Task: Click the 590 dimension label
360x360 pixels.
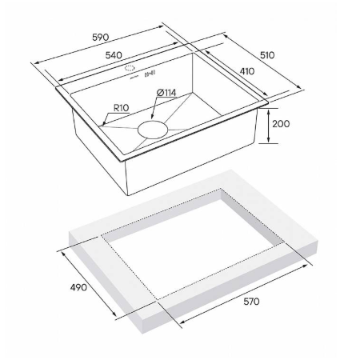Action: pyautogui.click(x=101, y=37)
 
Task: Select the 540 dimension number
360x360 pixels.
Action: pyautogui.click(x=114, y=55)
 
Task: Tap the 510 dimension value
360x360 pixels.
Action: pyautogui.click(x=267, y=55)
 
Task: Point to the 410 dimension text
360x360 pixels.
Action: pyautogui.click(x=247, y=71)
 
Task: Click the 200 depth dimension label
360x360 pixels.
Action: pyautogui.click(x=281, y=124)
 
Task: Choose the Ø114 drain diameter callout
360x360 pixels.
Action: pyautogui.click(x=166, y=93)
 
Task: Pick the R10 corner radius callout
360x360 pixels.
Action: pyautogui.click(x=122, y=108)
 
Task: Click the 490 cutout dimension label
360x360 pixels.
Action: pyautogui.click(x=78, y=287)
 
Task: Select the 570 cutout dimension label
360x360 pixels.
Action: pyautogui.click(x=251, y=302)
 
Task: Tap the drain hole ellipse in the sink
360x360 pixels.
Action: pyautogui.click(x=153, y=130)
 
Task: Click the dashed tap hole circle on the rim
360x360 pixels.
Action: pyautogui.click(x=130, y=68)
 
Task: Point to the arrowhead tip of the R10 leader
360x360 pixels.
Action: pyautogui.click(x=102, y=125)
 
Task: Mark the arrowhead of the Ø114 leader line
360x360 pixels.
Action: pyautogui.click(x=152, y=118)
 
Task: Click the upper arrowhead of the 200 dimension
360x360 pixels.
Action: pyautogui.click(x=269, y=109)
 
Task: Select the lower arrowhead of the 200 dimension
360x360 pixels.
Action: pyautogui.click(x=269, y=142)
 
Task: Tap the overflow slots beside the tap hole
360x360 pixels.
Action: pyautogui.click(x=150, y=74)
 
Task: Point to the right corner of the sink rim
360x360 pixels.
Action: pyautogui.click(x=268, y=102)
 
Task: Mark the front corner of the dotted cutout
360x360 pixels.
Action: pyautogui.click(x=158, y=300)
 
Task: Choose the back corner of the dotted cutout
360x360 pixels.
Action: pyautogui.click(x=221, y=189)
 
